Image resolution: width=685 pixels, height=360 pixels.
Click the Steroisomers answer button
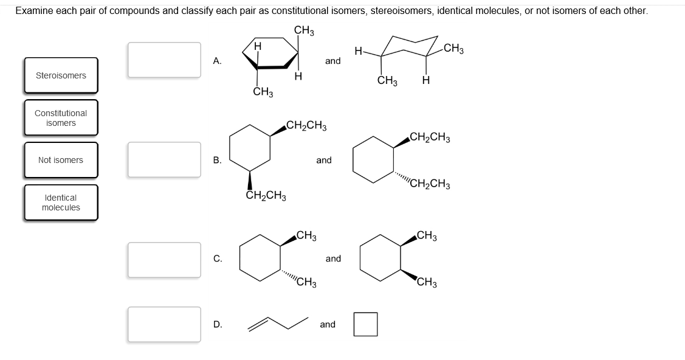pos(61,76)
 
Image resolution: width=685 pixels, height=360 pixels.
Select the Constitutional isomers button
pos(61,118)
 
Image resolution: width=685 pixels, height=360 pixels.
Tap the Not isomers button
pos(61,160)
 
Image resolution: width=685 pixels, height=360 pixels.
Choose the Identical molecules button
pos(61,202)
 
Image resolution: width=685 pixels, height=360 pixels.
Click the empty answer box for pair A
pos(164,60)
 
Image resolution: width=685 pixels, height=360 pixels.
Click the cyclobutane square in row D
pos(365,324)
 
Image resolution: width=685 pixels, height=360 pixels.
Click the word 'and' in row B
pos(324,160)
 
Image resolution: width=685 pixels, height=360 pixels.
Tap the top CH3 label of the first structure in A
pos(303,30)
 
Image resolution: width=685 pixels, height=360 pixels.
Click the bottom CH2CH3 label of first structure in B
pos(266,196)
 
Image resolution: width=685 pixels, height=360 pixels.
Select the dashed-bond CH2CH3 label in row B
pos(430,184)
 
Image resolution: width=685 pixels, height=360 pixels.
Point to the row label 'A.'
pos(217,61)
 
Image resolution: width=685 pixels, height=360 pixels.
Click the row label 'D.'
pos(218,325)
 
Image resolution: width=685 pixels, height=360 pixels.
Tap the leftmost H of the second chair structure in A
pos(359,52)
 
